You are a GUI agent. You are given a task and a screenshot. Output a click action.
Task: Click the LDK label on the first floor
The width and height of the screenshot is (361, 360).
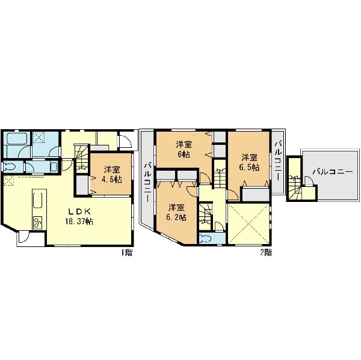(x=79, y=211)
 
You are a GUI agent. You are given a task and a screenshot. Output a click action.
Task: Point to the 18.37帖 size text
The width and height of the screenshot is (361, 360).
(x=79, y=222)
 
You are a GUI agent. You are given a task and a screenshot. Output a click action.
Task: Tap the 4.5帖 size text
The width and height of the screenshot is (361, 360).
(x=112, y=180)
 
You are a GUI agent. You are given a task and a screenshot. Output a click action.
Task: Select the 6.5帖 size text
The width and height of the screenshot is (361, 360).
(x=249, y=167)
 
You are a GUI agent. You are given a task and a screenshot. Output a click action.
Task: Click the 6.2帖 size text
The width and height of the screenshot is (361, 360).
(x=176, y=218)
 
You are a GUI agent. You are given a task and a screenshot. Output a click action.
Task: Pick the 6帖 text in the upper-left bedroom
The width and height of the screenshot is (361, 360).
(x=184, y=154)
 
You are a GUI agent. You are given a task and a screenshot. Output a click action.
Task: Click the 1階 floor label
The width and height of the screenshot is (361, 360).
(x=127, y=252)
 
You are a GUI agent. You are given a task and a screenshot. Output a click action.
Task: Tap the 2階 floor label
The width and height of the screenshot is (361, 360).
(x=266, y=252)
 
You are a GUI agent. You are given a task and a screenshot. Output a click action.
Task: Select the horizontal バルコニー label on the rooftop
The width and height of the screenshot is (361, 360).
(x=333, y=172)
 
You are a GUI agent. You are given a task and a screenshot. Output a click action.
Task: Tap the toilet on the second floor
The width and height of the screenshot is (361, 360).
(x=205, y=239)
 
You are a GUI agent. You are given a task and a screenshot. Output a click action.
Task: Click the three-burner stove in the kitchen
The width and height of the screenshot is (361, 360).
(x=37, y=222)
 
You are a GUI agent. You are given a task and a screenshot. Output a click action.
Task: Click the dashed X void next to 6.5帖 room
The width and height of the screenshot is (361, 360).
(x=248, y=224)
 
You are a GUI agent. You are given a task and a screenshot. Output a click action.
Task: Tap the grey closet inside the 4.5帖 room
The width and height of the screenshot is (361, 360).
(x=82, y=185)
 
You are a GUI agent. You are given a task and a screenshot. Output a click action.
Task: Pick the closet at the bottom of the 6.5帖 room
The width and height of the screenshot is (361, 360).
(x=256, y=195)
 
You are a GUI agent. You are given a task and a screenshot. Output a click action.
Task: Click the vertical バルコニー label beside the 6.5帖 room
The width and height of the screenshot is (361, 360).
(x=278, y=161)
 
